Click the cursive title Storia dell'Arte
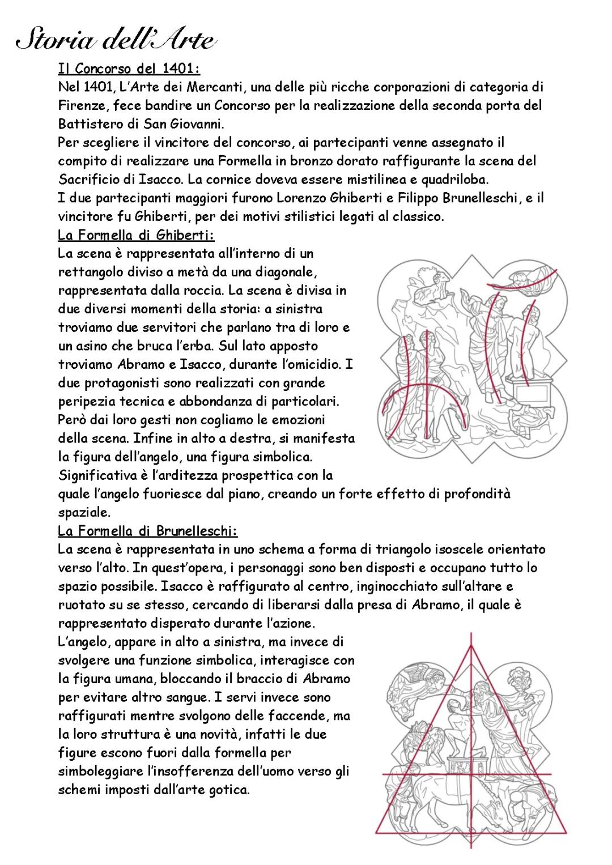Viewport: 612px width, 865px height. coord(116,41)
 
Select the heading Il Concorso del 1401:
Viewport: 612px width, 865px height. coord(129,69)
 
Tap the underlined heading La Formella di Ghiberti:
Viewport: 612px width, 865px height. coord(136,235)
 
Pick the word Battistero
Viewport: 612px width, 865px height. coord(88,124)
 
